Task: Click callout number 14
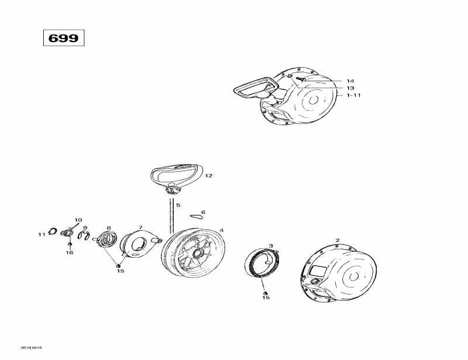click(x=350, y=81)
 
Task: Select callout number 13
click(x=350, y=88)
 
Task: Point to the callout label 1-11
click(x=353, y=95)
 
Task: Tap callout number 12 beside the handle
click(x=208, y=175)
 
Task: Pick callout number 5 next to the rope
click(x=178, y=205)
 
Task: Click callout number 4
click(x=221, y=230)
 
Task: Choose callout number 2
click(x=337, y=240)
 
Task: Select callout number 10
click(x=78, y=220)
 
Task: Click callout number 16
click(x=70, y=252)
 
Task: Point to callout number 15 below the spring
click(x=266, y=298)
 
